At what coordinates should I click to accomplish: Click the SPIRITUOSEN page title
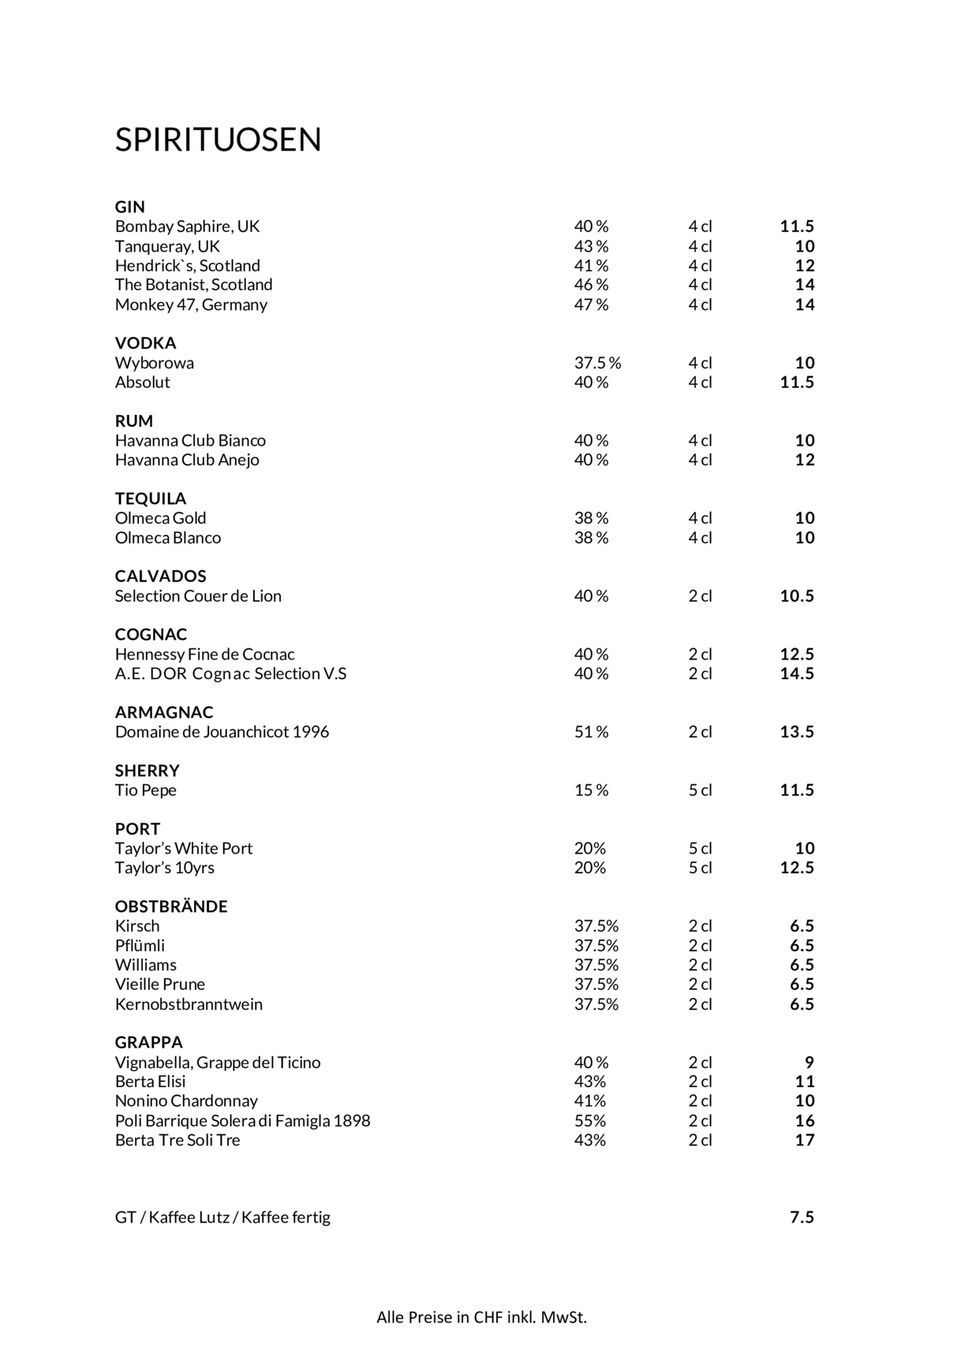[x=218, y=140]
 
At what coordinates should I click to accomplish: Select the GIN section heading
[x=130, y=207]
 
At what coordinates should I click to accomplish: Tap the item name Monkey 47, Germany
[x=191, y=304]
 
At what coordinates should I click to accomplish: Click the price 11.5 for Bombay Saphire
[x=797, y=226]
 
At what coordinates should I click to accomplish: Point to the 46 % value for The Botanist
[x=591, y=285]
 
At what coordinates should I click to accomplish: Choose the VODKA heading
[x=145, y=343]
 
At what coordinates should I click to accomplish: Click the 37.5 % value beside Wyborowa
[x=597, y=363]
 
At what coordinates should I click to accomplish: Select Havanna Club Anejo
[x=187, y=460]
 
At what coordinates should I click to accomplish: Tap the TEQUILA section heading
[x=151, y=499]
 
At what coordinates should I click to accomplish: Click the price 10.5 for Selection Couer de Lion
[x=797, y=596]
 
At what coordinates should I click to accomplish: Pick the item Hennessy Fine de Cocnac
[x=204, y=654]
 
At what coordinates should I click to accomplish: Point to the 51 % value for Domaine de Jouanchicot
[x=591, y=732]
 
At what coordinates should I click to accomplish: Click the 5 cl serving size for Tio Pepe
[x=700, y=790]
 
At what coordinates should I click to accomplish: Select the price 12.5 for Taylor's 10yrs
[x=797, y=868]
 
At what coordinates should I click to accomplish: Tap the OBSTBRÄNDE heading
[x=171, y=906]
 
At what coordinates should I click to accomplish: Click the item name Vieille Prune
[x=159, y=984]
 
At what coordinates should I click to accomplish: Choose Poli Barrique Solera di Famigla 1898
[x=242, y=1121]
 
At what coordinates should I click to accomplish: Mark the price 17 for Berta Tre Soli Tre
[x=804, y=1140]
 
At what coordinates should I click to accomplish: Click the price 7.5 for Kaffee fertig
[x=801, y=1217]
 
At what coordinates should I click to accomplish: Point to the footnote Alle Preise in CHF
[x=481, y=1317]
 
